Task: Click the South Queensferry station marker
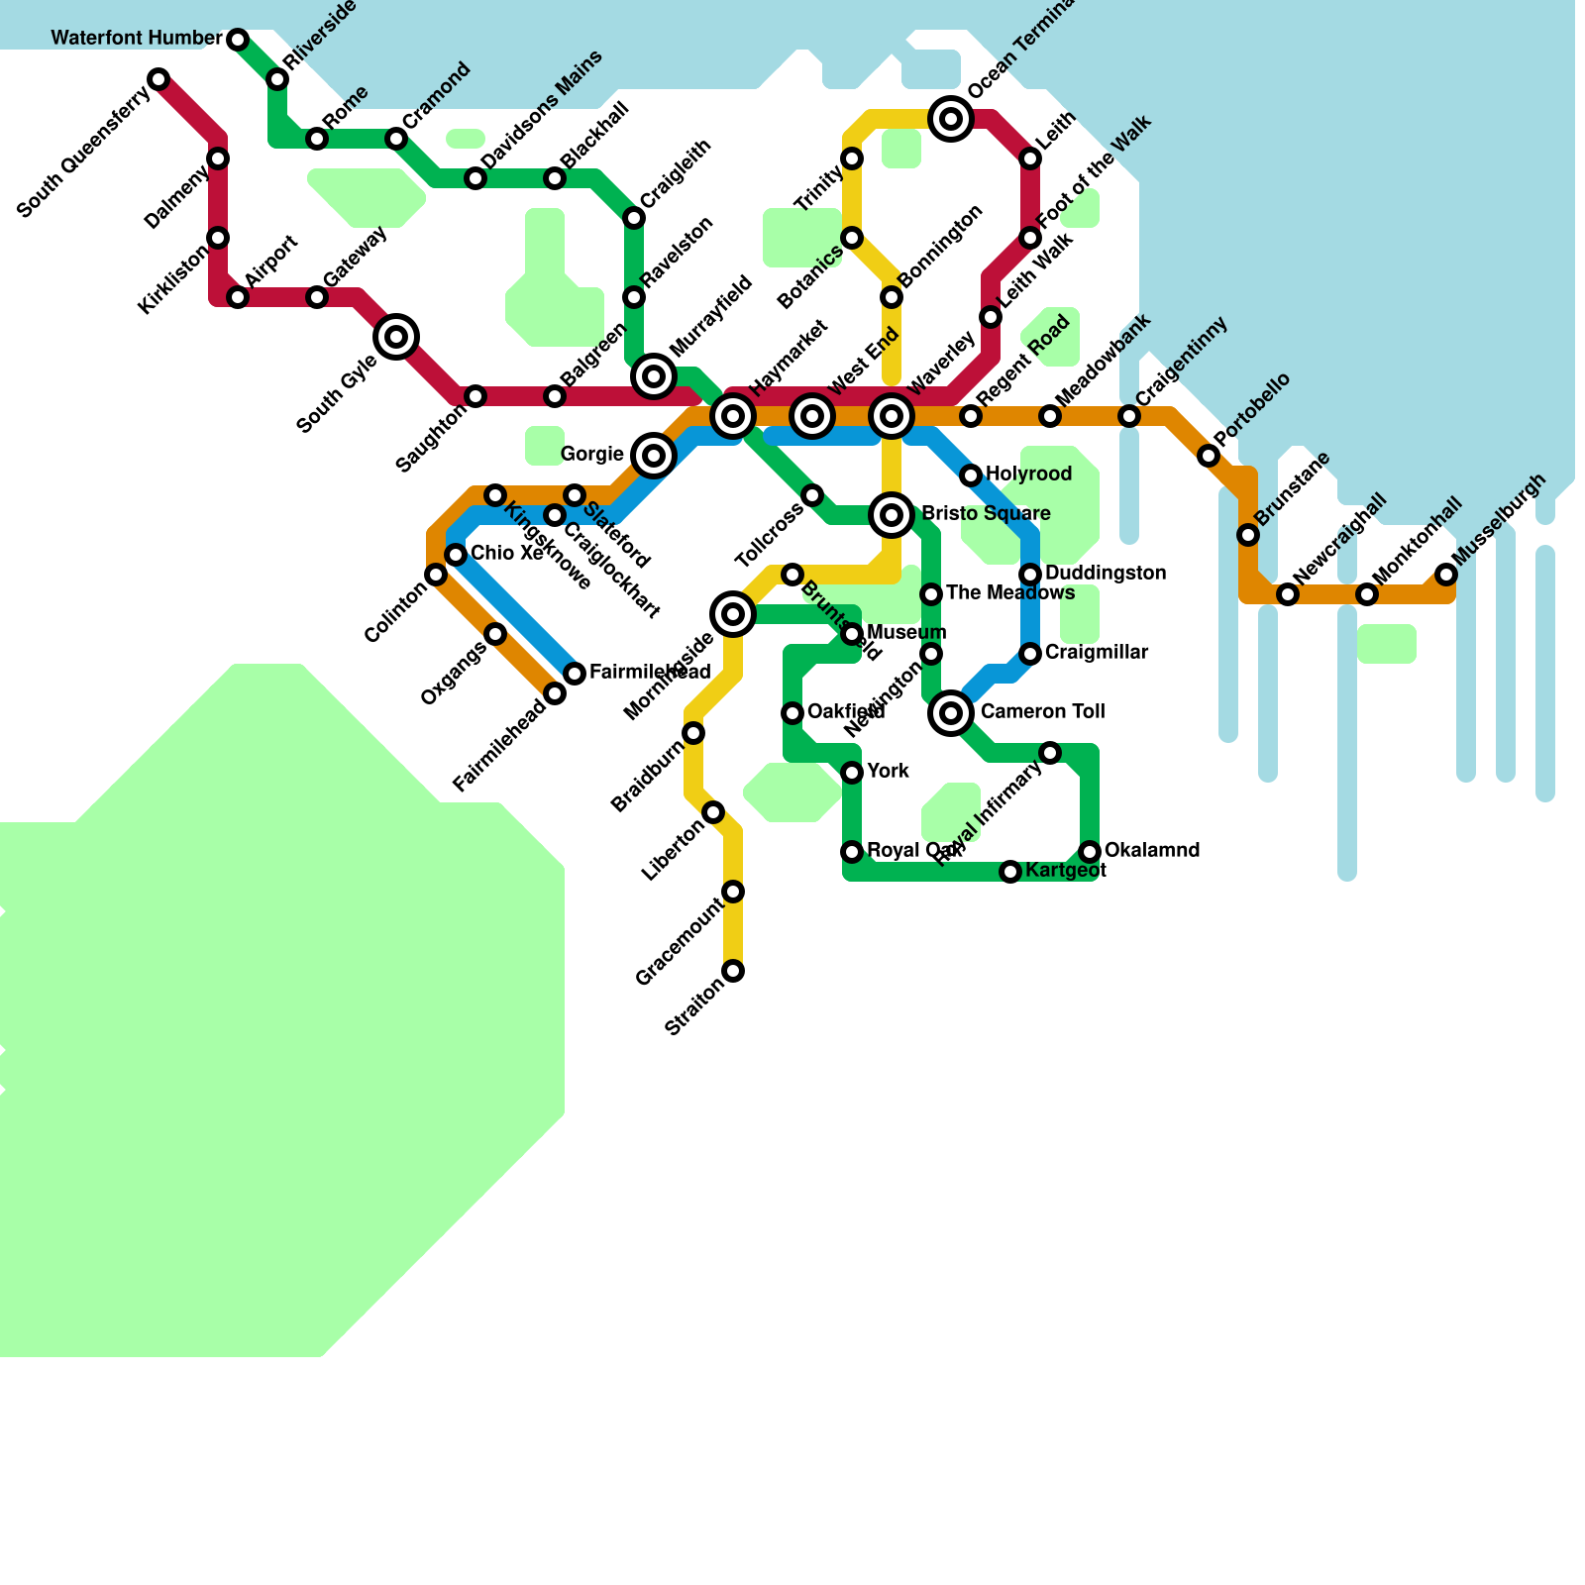click(x=158, y=79)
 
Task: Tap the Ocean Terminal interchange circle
click(x=951, y=119)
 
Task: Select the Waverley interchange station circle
click(x=892, y=416)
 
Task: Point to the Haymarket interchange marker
click(x=733, y=416)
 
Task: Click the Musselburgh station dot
click(x=1446, y=575)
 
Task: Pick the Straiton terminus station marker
click(x=733, y=971)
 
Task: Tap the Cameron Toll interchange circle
click(x=951, y=712)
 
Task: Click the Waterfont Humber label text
click(x=137, y=39)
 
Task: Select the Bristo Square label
click(x=986, y=514)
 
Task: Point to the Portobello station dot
click(x=1209, y=456)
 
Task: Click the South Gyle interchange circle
click(x=396, y=337)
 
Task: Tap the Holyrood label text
click(x=1028, y=475)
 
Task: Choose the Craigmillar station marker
click(x=1030, y=654)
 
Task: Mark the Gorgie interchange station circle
click(x=654, y=456)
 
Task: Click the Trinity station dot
click(x=852, y=158)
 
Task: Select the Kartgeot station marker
click(x=1010, y=872)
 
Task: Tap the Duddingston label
click(x=1105, y=574)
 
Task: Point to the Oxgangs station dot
click(x=495, y=634)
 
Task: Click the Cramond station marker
click(x=396, y=139)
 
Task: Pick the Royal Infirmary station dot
click(x=1050, y=753)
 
